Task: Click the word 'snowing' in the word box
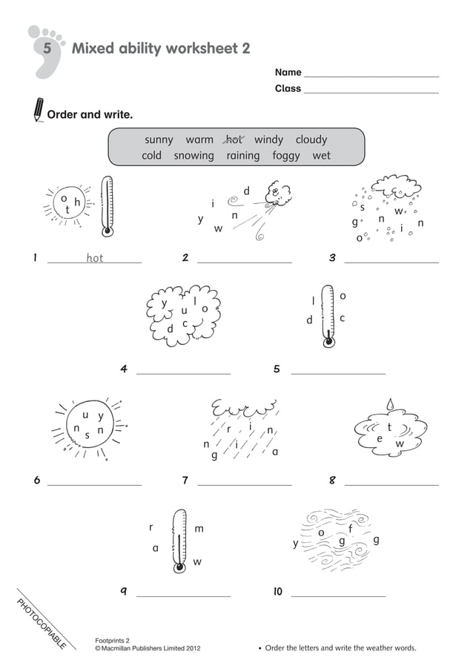coord(193,156)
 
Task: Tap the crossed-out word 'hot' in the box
coord(234,139)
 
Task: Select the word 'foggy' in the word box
coord(285,156)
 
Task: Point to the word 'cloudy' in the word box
coord(311,139)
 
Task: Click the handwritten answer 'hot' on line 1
coord(95,258)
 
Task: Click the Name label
coord(288,73)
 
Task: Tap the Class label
coord(288,88)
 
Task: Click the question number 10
coord(277,591)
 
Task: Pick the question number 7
coord(185,481)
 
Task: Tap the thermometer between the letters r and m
coord(179,541)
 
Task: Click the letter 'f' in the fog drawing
coord(351,528)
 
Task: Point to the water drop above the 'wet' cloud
coord(389,404)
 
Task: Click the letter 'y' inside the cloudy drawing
coord(165,303)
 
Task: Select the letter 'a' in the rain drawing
coord(275,452)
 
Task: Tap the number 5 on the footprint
coord(47,50)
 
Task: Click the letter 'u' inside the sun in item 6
coord(86,415)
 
